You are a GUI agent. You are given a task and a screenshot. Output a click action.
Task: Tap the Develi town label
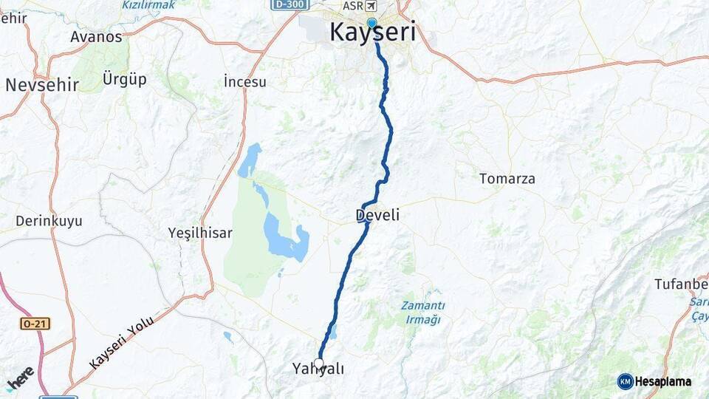tap(377, 215)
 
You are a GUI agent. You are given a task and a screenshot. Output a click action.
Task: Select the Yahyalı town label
tap(318, 369)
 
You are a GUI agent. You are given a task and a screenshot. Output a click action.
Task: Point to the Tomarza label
tap(507, 179)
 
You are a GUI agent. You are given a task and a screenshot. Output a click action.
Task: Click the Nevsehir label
tap(41, 85)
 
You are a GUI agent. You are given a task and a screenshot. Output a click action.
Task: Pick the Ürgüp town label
tap(125, 79)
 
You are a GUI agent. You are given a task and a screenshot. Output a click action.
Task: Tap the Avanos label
tap(96, 36)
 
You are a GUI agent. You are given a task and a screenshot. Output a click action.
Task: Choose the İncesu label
tap(244, 81)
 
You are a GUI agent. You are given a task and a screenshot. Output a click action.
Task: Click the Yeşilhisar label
tap(199, 233)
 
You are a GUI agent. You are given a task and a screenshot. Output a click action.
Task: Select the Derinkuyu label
tap(49, 221)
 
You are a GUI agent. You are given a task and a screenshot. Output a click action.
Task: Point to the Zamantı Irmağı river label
tap(422, 313)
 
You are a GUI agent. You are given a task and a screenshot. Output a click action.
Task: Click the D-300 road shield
tap(290, 4)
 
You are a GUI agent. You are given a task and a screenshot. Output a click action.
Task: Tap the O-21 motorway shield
tap(34, 324)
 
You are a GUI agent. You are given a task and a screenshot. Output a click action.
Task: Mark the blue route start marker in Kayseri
tap(371, 23)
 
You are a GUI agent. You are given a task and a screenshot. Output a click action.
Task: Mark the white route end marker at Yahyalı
tap(319, 363)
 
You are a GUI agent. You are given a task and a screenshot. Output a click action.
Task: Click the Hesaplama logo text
tap(662, 382)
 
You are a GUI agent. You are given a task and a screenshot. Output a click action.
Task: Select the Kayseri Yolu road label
tap(121, 341)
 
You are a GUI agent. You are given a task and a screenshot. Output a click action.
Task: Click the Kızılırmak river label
tap(148, 4)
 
